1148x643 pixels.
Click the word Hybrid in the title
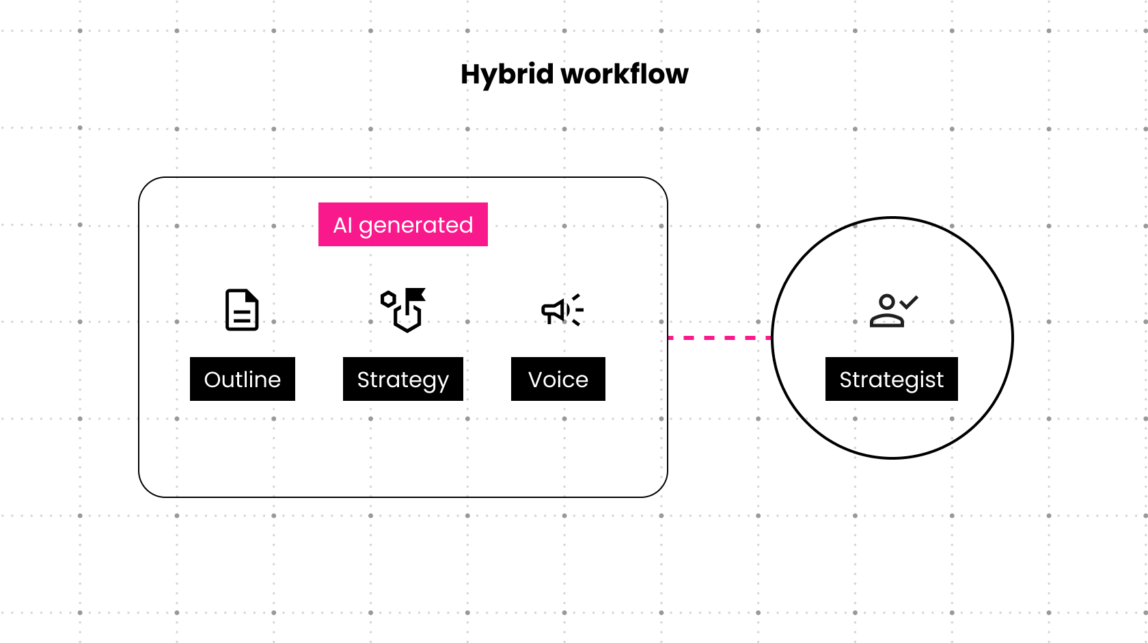click(x=507, y=75)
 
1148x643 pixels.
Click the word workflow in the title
click(x=625, y=74)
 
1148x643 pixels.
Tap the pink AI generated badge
click(x=403, y=224)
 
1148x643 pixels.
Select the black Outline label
click(x=243, y=379)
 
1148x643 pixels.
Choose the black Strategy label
click(x=403, y=379)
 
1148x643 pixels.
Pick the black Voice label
click(x=558, y=379)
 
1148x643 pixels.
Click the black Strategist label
click(x=891, y=379)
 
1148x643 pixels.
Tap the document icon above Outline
click(x=242, y=310)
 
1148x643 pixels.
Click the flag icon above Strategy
click(x=403, y=310)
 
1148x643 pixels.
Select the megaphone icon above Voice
click(x=562, y=310)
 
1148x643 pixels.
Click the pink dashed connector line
click(x=720, y=338)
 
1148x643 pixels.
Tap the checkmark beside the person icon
click(x=909, y=302)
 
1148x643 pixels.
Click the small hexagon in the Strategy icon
click(x=388, y=299)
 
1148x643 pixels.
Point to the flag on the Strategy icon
click(x=415, y=294)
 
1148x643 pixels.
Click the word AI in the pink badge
click(x=342, y=225)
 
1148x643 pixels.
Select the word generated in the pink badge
click(x=415, y=226)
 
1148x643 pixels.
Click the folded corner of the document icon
click(x=253, y=296)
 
